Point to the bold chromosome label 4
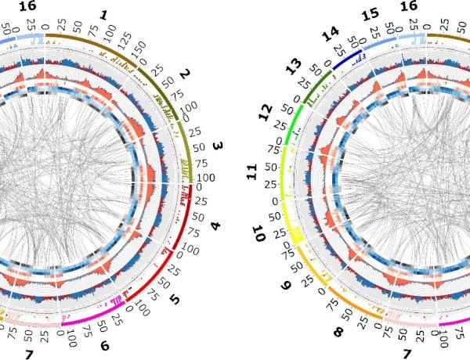click(x=215, y=227)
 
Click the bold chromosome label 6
click(x=105, y=344)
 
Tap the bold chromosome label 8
click(x=338, y=333)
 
